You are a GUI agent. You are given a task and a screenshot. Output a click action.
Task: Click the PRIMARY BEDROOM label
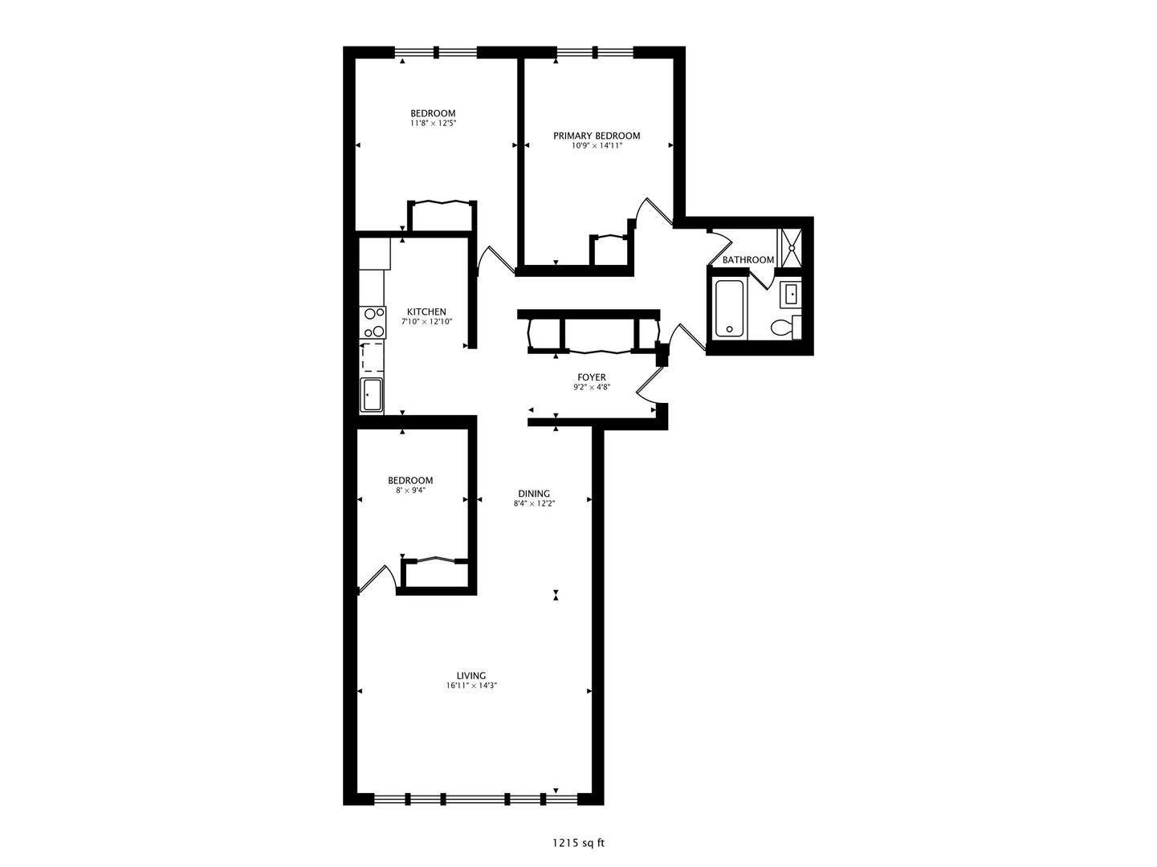point(596,136)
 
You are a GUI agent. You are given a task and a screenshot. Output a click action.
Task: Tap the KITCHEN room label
point(426,312)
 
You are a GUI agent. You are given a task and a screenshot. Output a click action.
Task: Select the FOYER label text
point(592,377)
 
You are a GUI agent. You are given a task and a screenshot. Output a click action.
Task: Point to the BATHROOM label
point(748,260)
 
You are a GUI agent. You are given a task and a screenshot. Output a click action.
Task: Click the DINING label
point(534,494)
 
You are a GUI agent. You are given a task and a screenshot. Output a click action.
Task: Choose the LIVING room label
point(471,676)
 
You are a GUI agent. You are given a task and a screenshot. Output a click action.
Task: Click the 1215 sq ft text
point(578,843)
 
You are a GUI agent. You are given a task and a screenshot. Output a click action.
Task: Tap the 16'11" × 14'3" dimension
point(471,686)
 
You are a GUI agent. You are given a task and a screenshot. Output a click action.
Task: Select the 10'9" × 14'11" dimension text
point(597,146)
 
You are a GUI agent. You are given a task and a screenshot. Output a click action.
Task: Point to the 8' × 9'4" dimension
point(410,490)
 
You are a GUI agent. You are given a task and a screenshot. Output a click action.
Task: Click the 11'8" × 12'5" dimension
point(433,124)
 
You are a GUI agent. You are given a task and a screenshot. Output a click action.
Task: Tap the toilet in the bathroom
point(785,327)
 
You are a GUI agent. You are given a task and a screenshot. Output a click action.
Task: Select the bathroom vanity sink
point(791,294)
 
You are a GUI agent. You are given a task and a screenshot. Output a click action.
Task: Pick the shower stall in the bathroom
point(791,248)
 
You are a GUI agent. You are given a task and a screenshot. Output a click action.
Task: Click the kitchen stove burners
point(373,323)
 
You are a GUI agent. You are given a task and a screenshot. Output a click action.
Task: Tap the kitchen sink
point(372,395)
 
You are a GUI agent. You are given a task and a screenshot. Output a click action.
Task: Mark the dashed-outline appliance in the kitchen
point(372,358)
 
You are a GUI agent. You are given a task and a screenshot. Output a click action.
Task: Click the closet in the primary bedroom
point(609,251)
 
